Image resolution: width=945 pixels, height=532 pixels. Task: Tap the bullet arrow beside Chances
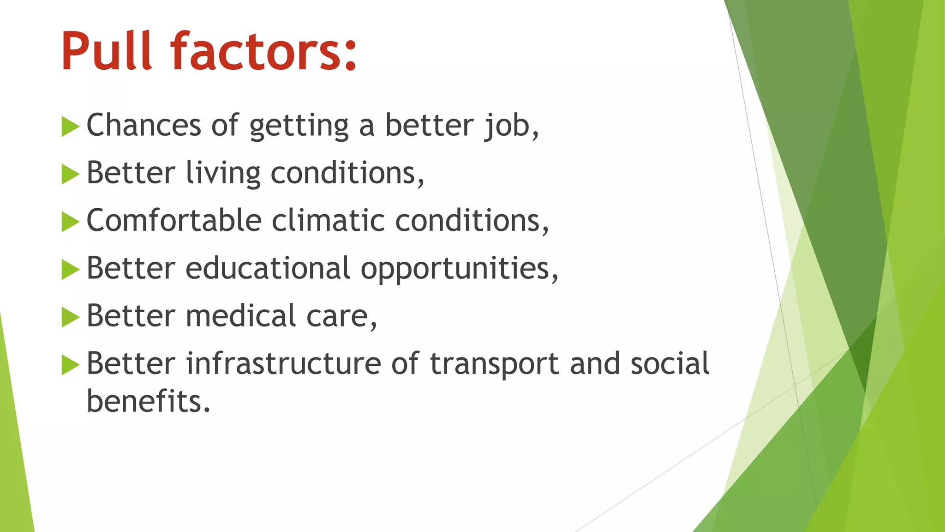(x=70, y=127)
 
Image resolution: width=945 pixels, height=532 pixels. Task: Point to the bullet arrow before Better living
(x=70, y=174)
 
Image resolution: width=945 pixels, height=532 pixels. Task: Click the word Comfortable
(x=174, y=220)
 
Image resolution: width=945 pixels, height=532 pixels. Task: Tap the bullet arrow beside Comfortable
(x=70, y=222)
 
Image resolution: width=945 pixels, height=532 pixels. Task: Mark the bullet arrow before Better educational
(x=70, y=269)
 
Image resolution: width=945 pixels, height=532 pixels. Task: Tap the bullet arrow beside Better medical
(x=70, y=317)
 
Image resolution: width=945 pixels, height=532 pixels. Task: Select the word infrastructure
(x=283, y=363)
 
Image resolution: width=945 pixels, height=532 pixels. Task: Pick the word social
(x=670, y=363)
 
